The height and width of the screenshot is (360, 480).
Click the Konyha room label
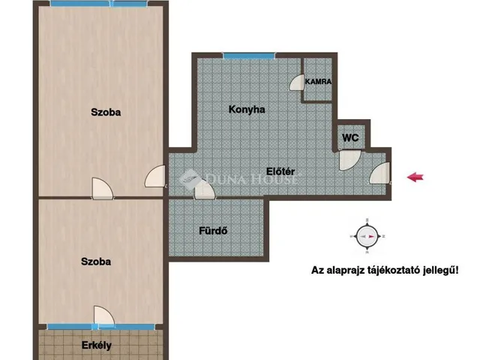tap(247, 109)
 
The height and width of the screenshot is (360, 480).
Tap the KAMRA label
tap(318, 82)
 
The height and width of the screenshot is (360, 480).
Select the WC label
tap(350, 138)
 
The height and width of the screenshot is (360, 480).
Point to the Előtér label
tap(280, 171)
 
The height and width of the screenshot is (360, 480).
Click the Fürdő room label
tap(213, 230)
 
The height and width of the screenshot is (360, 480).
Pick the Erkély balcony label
tap(97, 346)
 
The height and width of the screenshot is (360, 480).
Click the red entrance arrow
tap(415, 177)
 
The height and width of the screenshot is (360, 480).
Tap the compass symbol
tap(367, 236)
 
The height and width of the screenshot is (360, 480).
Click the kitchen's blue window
tap(249, 56)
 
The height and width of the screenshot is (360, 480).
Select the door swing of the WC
tap(349, 160)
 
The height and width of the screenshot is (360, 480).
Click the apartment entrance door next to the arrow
tap(380, 173)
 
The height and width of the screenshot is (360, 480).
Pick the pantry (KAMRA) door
tap(297, 82)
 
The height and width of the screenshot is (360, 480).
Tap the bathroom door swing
tap(205, 190)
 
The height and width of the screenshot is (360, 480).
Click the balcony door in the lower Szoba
tap(104, 316)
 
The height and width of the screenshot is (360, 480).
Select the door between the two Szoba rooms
tap(103, 188)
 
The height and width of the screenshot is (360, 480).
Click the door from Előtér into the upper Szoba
tap(155, 176)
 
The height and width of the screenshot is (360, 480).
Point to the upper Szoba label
tap(106, 112)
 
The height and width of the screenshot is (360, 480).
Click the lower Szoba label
tap(96, 262)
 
